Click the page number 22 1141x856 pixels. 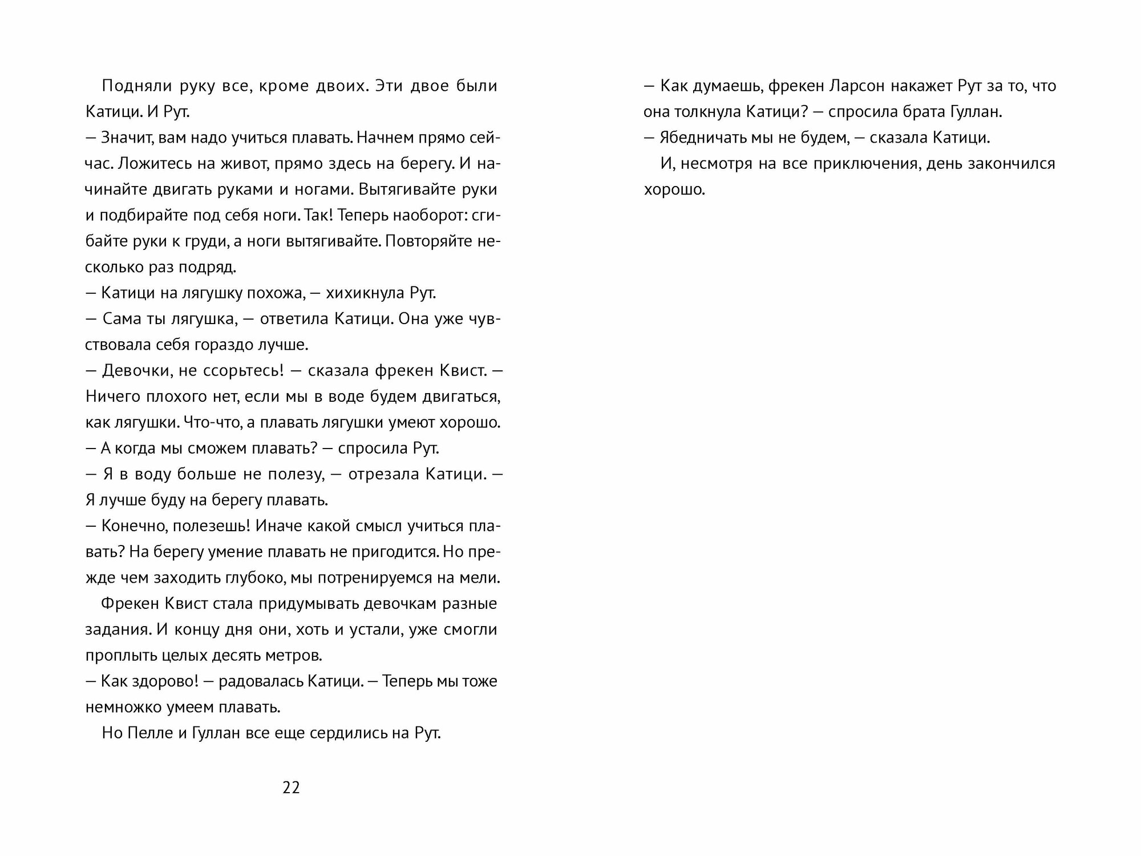pos(291,788)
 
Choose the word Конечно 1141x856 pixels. pos(132,526)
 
